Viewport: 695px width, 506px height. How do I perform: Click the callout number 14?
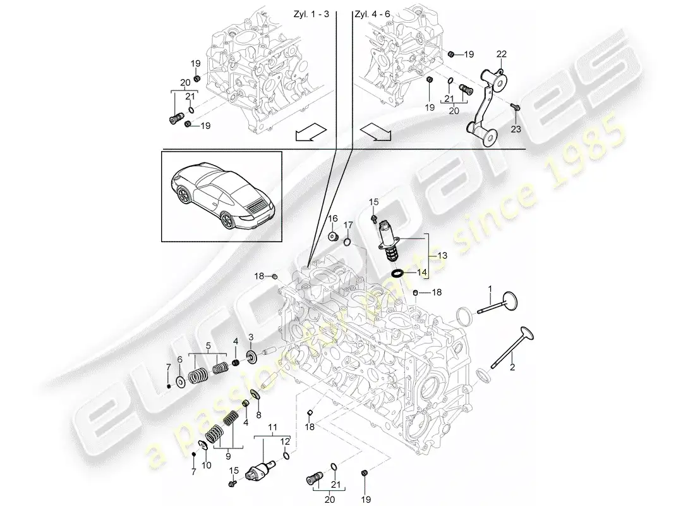point(422,273)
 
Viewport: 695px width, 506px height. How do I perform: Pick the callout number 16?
point(332,218)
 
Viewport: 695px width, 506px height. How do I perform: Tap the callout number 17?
point(348,225)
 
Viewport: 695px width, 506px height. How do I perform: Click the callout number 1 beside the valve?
point(489,289)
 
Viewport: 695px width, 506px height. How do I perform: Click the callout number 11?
point(272,429)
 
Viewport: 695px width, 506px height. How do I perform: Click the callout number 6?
point(179,359)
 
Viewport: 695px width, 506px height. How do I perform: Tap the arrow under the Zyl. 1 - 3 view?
point(310,132)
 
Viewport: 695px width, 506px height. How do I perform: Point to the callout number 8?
point(258,415)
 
